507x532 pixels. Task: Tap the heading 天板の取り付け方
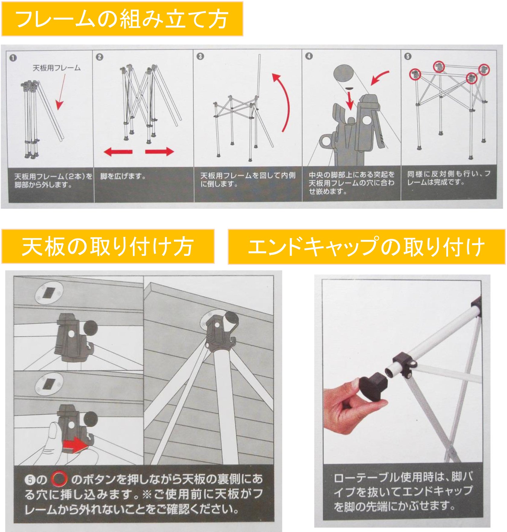tap(107, 247)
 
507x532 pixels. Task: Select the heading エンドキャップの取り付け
tap(366, 247)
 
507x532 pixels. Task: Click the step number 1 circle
tap(13, 58)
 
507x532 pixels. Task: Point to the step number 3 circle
tap(200, 56)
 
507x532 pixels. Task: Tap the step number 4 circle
tap(309, 56)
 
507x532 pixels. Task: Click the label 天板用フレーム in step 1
tap(56, 68)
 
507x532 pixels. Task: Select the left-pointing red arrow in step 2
tap(118, 152)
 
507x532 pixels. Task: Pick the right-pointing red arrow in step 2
tap(159, 151)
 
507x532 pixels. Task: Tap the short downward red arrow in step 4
tap(350, 100)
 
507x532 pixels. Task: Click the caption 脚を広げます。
tap(123, 176)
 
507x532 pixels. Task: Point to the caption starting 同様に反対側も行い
tap(448, 178)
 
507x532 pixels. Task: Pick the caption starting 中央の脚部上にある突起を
tap(351, 183)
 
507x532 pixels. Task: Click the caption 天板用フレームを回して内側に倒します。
tap(248, 180)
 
